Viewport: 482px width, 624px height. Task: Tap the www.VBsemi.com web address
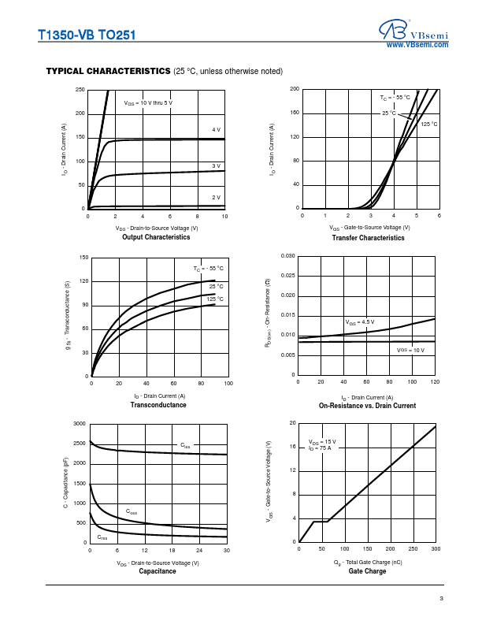(417, 46)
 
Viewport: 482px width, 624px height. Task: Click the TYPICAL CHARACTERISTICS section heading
(108, 71)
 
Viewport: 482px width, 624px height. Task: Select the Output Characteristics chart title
(156, 237)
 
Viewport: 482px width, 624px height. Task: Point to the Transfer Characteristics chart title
(368, 237)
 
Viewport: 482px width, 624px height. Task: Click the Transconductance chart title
(158, 405)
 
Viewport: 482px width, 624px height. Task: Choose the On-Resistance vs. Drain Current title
(367, 406)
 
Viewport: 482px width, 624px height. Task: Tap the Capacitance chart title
(158, 571)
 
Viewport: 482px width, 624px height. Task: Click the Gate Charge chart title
(367, 571)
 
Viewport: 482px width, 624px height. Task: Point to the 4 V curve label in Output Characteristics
(216, 129)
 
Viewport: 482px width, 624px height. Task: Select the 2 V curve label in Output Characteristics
(216, 197)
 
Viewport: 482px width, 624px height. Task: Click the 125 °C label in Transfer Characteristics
(428, 124)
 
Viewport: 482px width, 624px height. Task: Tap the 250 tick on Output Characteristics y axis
(80, 90)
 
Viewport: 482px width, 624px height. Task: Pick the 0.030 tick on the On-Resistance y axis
(287, 256)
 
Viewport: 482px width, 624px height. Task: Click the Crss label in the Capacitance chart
(102, 537)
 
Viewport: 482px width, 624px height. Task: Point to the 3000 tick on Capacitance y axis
(79, 424)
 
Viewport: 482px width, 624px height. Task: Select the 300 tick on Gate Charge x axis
(436, 548)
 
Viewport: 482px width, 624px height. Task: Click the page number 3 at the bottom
(442, 600)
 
